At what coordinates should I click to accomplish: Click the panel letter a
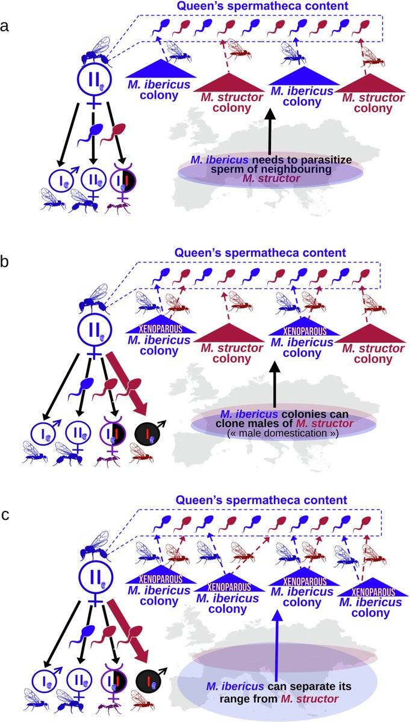click(x=5, y=26)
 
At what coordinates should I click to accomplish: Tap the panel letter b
click(x=5, y=261)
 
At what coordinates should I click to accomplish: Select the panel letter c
click(x=5, y=515)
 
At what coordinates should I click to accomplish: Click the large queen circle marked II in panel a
click(x=94, y=80)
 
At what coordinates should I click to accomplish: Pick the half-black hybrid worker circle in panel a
click(x=123, y=180)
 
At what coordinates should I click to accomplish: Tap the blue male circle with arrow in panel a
click(x=61, y=180)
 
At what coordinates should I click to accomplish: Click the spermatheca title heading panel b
click(x=260, y=252)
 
